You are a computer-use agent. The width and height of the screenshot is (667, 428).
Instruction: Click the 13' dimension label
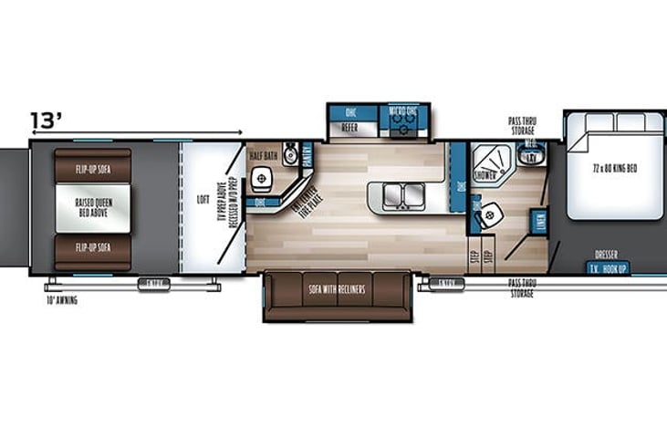tap(46, 120)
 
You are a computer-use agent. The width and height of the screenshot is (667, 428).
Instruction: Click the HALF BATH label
tap(263, 155)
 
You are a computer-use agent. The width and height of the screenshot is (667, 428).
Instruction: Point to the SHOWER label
tap(484, 174)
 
